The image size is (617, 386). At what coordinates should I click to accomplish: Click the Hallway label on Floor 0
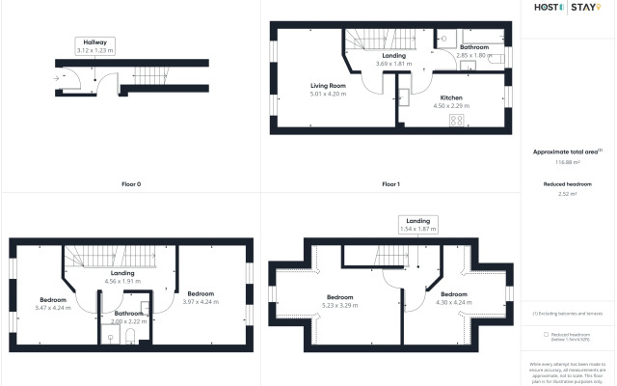click(x=95, y=42)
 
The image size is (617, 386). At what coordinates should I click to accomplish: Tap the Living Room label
click(x=328, y=86)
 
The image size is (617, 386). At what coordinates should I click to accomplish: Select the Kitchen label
click(x=453, y=98)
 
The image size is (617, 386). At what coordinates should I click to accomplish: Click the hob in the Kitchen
click(x=457, y=121)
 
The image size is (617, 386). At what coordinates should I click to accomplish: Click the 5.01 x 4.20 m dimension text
click(x=328, y=94)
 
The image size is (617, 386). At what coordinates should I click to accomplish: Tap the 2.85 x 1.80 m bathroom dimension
click(x=474, y=55)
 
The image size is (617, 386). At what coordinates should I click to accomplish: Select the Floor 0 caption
click(x=131, y=183)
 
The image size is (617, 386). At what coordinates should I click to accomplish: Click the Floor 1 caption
click(x=390, y=183)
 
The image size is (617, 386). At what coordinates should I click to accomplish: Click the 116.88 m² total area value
click(x=568, y=162)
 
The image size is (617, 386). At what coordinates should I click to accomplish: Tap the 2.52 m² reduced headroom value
click(x=568, y=194)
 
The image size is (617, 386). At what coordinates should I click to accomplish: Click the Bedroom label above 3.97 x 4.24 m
click(x=201, y=293)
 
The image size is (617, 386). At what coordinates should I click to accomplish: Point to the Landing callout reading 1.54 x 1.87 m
click(x=417, y=226)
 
